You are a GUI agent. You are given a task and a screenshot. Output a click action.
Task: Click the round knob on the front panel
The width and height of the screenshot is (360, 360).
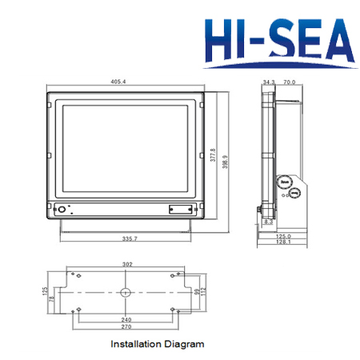click(61, 210)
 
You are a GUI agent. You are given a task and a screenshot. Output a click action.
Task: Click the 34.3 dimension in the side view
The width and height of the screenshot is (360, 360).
click(268, 82)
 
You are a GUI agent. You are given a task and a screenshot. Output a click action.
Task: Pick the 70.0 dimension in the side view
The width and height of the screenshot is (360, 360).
click(289, 82)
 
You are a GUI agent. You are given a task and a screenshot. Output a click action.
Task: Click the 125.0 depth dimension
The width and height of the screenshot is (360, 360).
click(284, 236)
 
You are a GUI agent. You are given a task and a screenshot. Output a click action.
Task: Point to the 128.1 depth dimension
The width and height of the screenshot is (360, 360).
click(284, 243)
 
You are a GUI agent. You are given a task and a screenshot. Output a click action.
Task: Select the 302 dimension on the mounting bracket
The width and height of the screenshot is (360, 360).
click(126, 263)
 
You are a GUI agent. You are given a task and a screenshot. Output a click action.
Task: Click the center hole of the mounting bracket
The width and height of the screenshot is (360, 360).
click(126, 293)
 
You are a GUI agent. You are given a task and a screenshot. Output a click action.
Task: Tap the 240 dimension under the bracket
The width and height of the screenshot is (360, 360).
click(126, 319)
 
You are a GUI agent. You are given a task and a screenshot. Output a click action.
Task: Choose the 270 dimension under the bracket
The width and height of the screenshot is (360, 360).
click(126, 327)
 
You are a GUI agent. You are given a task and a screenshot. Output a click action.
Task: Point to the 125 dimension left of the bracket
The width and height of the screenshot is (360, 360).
click(43, 291)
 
